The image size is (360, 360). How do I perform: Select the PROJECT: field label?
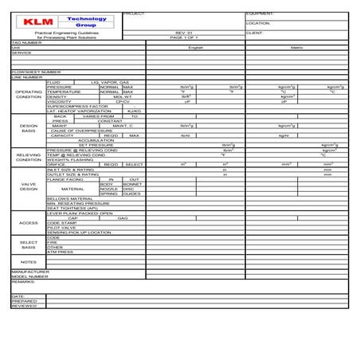click(x=136, y=14)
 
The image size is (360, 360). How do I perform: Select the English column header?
click(x=196, y=47)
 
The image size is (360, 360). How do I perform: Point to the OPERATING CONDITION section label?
click(x=29, y=94)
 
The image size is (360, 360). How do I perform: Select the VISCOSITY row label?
click(x=60, y=101)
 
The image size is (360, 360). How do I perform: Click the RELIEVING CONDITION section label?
click(x=29, y=157)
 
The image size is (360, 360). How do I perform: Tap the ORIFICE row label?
click(x=57, y=164)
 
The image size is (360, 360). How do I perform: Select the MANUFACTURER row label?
click(x=31, y=271)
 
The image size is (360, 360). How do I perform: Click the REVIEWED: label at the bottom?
click(x=25, y=305)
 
